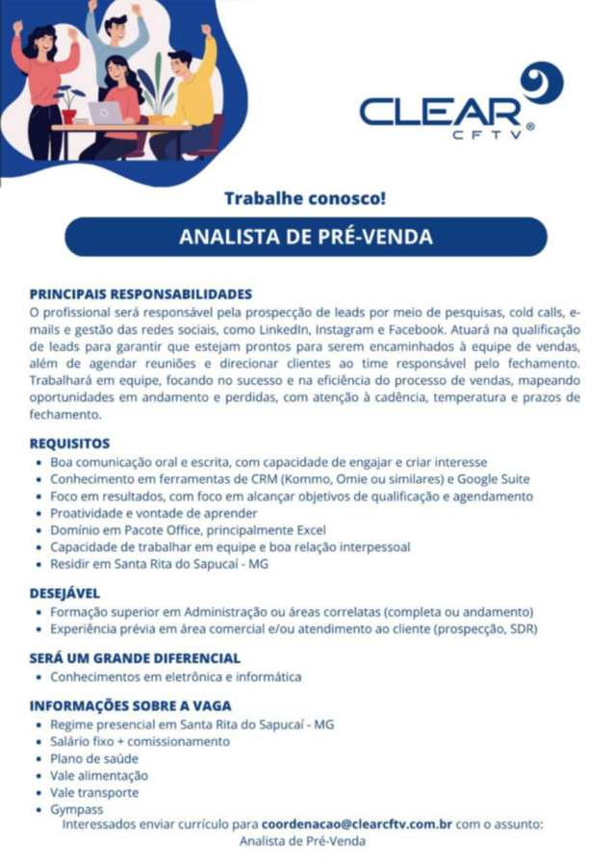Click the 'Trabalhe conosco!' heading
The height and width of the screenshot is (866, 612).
pos(305,199)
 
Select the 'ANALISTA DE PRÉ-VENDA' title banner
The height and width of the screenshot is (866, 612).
pos(305,237)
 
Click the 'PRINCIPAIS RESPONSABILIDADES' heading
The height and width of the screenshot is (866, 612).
pos(140,293)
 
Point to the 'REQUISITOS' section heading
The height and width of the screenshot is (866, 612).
pos(70,444)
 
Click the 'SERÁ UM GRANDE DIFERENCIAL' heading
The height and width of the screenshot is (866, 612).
pos(135,658)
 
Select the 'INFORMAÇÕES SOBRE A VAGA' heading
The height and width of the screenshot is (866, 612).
pos(130,705)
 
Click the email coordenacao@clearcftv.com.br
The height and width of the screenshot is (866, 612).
pos(357,824)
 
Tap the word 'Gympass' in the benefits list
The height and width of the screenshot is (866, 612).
pos(77,809)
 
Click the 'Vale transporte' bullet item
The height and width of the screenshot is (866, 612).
pos(94,792)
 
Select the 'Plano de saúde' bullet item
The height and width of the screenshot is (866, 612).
pos(94,758)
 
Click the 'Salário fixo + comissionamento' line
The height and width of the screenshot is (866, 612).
pos(140,741)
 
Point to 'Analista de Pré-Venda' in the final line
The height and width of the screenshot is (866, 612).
pos(302,841)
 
